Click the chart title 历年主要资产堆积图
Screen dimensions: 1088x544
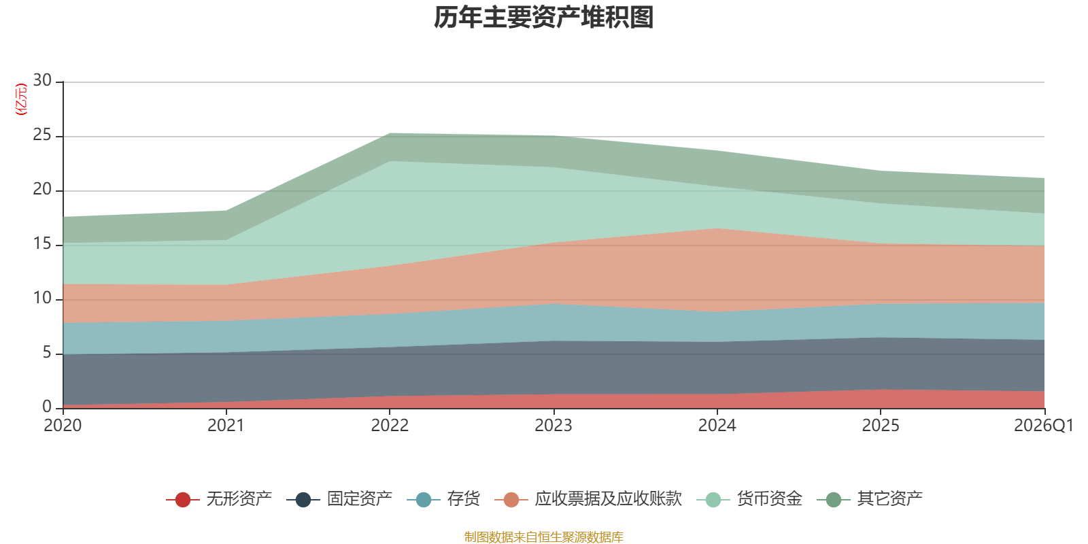click(x=543, y=18)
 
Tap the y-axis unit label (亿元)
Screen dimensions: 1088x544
click(x=21, y=99)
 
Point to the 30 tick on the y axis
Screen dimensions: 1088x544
click(x=42, y=80)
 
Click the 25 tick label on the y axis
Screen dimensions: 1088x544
click(x=42, y=135)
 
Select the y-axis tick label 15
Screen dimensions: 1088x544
click(x=42, y=243)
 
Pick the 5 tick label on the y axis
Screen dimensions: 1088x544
click(x=47, y=352)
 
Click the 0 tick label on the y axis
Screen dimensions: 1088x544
click(x=47, y=407)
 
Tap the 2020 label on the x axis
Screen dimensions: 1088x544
click(x=63, y=426)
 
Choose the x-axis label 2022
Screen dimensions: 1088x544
click(x=390, y=426)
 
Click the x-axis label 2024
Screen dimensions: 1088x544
click(x=717, y=426)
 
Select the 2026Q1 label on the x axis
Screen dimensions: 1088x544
click(x=1044, y=426)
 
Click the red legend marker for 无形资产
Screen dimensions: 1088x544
click(x=183, y=499)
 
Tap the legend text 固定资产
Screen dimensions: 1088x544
click(x=360, y=499)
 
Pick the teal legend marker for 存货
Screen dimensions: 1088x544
click(x=424, y=499)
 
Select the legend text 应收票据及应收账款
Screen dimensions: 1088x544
click(x=608, y=499)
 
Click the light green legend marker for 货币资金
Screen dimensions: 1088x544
click(x=713, y=499)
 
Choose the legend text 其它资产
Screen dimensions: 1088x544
click(x=890, y=499)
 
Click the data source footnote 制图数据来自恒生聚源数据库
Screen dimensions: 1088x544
click(x=543, y=537)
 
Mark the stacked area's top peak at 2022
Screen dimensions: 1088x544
click(x=390, y=133)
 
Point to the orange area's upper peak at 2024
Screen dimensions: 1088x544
click(x=717, y=228)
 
